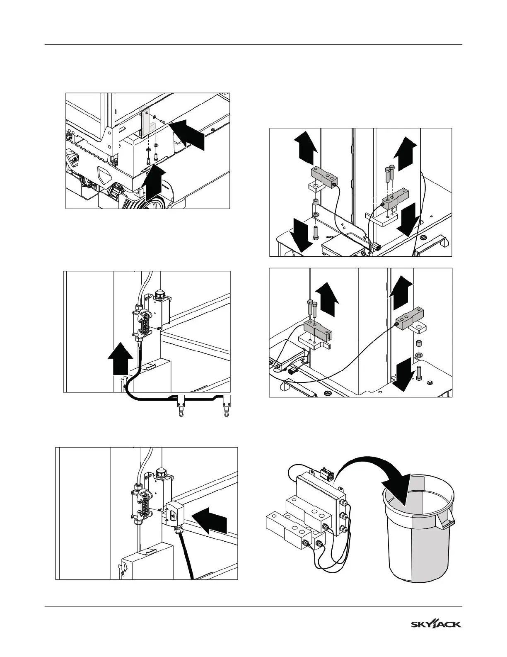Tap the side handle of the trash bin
(446, 521)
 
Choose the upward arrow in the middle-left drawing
(121, 358)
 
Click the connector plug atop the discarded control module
(327, 474)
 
